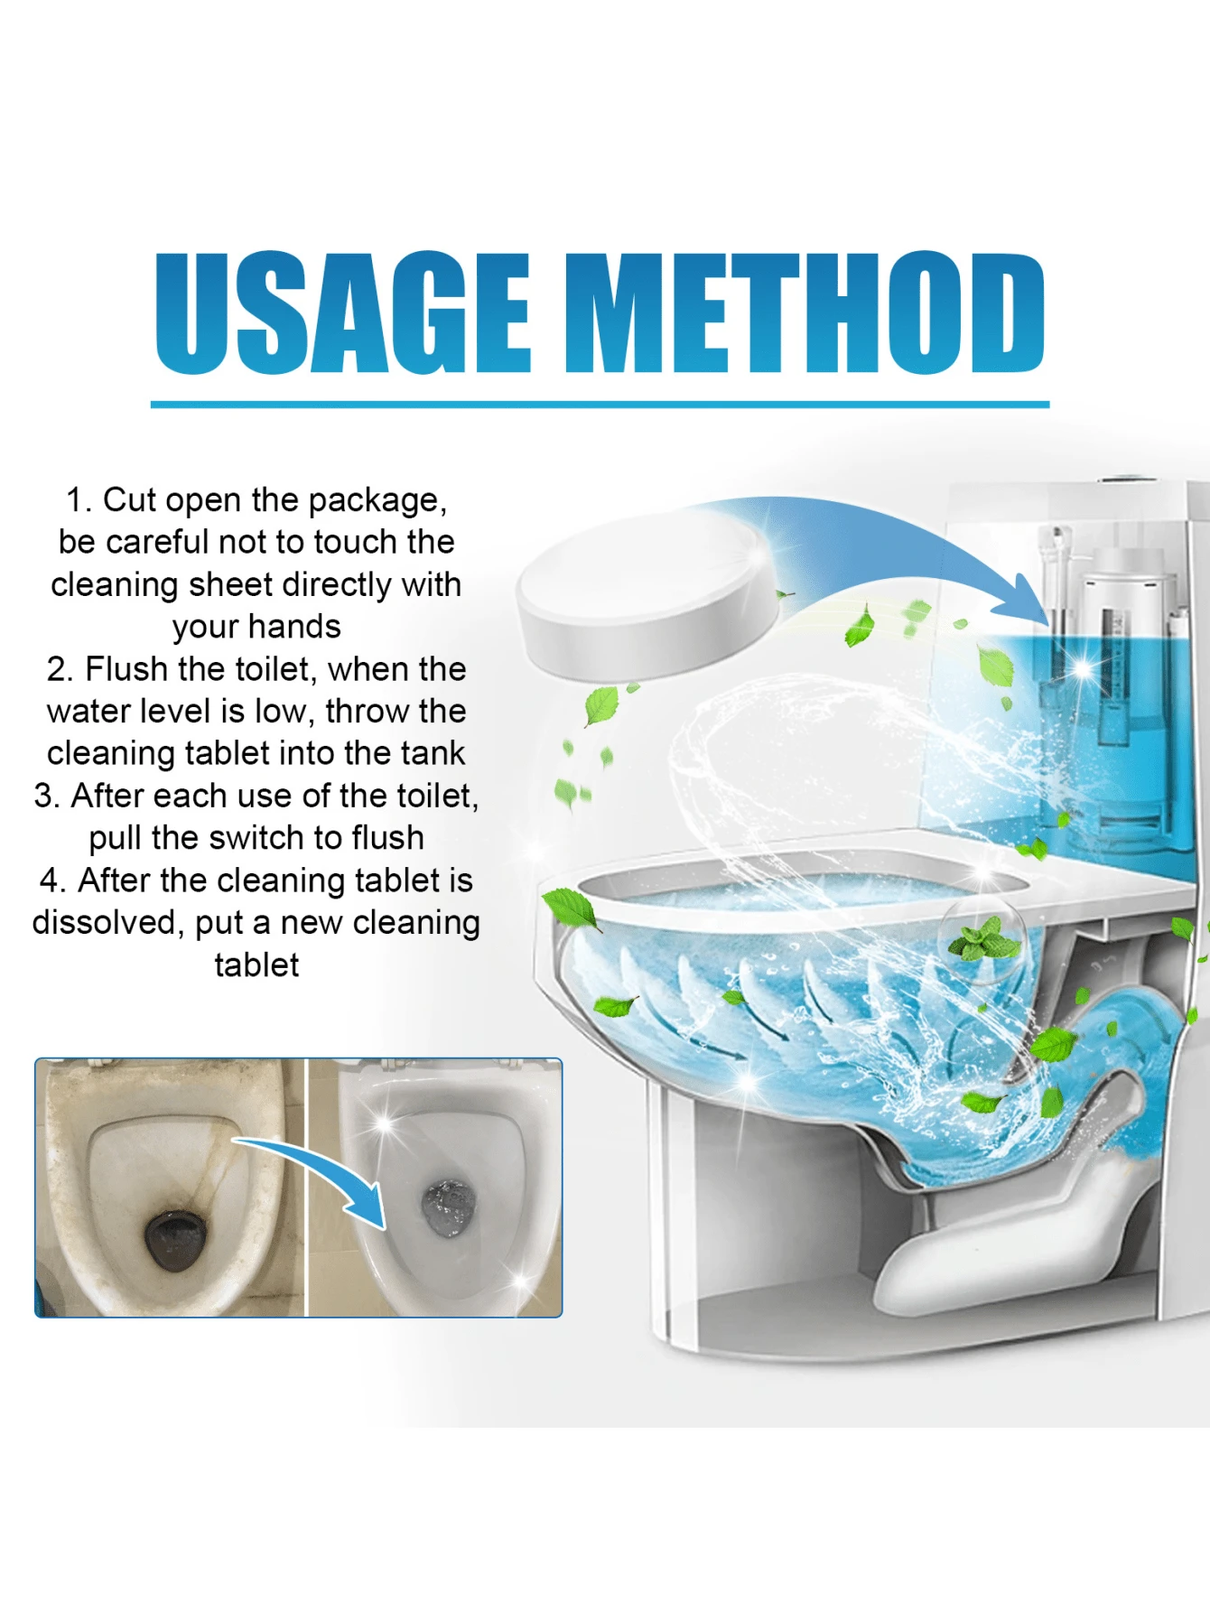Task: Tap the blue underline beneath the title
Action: (x=600, y=404)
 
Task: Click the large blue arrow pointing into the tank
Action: (x=912, y=551)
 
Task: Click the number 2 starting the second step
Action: (x=59, y=670)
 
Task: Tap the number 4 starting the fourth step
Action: (x=50, y=881)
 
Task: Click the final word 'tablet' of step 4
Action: (x=256, y=965)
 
